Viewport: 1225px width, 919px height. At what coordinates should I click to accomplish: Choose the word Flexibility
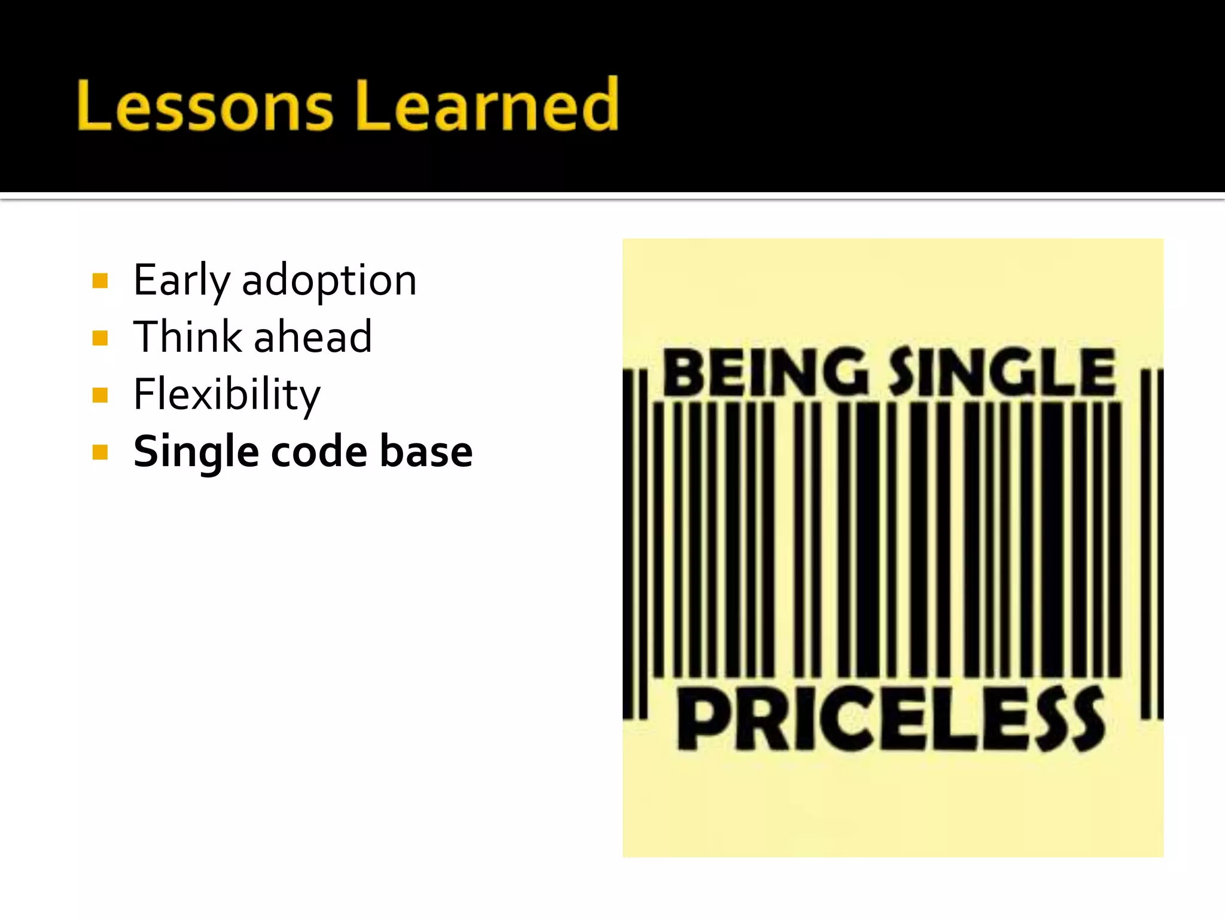(x=227, y=394)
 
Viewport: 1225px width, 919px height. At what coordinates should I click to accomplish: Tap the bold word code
(x=319, y=452)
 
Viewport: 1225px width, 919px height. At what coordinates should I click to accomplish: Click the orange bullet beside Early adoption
(x=100, y=281)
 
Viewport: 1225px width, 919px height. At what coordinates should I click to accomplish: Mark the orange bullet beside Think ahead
(x=100, y=338)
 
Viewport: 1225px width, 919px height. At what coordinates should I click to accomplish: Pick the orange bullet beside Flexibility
(x=100, y=395)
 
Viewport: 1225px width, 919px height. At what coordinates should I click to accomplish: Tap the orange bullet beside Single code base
(x=100, y=452)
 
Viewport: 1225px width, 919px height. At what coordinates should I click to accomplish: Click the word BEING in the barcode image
(x=766, y=372)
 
